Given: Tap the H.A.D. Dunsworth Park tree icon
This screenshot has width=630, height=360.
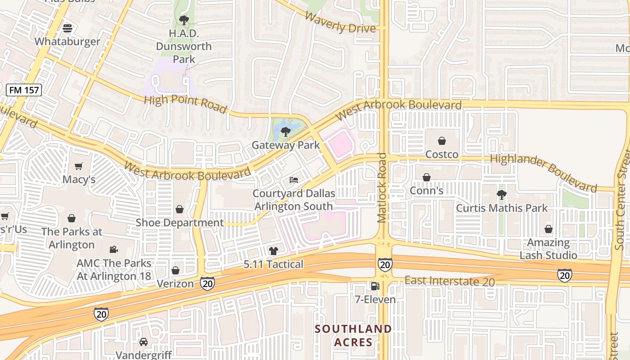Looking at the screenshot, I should pos(184,20).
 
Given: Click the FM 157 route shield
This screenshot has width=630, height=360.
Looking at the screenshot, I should pos(24,90).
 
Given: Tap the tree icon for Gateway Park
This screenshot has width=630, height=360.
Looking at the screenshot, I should pos(285,132).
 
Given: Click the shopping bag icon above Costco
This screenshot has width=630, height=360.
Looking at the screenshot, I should pos(442,141).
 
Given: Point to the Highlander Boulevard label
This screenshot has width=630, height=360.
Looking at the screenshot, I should pos(543,172).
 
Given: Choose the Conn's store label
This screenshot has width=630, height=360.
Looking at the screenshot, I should pos(427,190).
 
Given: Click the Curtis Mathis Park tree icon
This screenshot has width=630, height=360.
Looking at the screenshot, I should pos(501,195).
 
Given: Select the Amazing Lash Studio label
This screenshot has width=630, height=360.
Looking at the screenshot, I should pos(548,249).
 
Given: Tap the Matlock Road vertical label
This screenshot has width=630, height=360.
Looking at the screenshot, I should pos(382,188).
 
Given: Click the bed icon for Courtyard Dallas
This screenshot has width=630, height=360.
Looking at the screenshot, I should pos(294,180).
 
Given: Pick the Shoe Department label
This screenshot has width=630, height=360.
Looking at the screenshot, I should pos(180,223).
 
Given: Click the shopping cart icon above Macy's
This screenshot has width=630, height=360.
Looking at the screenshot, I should pos(79,166).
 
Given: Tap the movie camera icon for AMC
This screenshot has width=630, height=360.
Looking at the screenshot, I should pos(113,249).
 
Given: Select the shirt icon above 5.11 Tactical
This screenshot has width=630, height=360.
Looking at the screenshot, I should pos(273,251).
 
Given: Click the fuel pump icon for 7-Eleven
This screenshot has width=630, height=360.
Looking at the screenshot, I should pos(374,286).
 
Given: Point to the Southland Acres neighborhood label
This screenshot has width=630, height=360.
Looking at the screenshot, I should pos(353,335).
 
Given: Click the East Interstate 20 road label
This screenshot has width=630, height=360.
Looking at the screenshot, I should pos(449,281).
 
